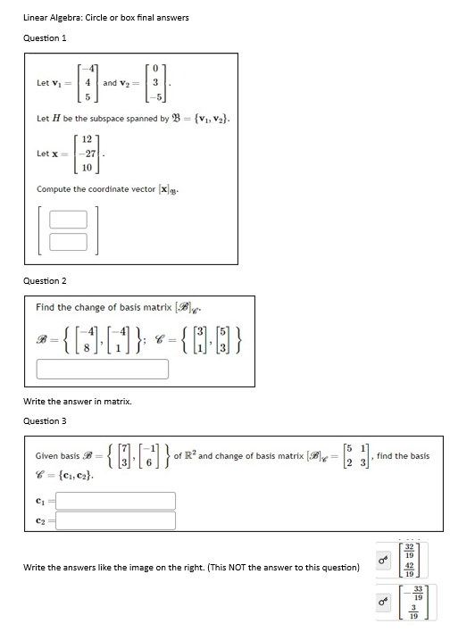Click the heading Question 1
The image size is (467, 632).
point(45,37)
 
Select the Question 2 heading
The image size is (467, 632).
point(45,280)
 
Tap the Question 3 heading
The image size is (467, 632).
point(45,420)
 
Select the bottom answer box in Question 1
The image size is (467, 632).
point(68,240)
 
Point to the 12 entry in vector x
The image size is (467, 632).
point(87,138)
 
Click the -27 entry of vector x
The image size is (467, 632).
point(85,153)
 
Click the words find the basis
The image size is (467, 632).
point(404,455)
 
